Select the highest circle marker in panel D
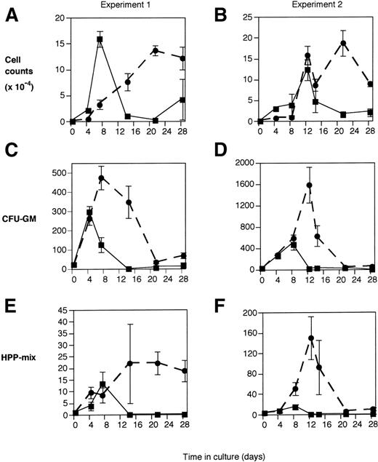pyautogui.click(x=310, y=185)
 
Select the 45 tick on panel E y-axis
pyautogui.click(x=62, y=311)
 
